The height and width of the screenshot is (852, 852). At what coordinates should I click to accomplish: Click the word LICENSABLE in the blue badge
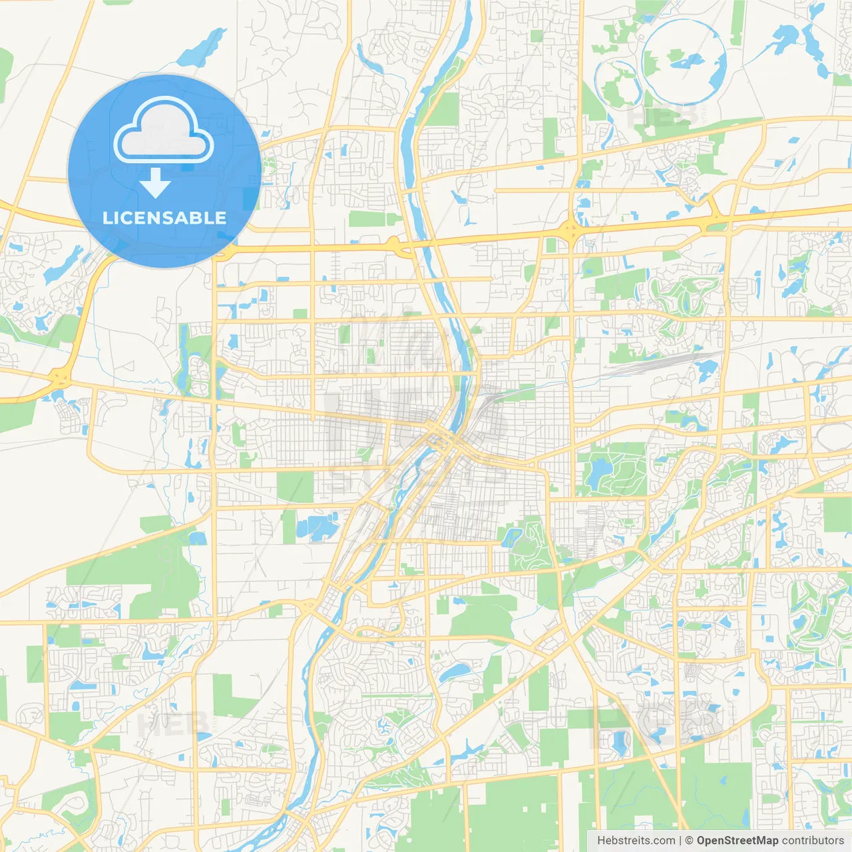click(x=164, y=218)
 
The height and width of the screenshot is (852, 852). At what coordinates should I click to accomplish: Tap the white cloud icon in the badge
click(x=164, y=130)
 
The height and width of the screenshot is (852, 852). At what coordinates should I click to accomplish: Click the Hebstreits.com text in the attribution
click(x=636, y=841)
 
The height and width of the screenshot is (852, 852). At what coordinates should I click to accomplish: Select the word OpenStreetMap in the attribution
click(x=737, y=841)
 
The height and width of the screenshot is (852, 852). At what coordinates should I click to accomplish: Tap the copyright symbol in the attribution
click(x=689, y=841)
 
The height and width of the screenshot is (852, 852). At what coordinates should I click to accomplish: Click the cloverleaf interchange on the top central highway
click(x=571, y=231)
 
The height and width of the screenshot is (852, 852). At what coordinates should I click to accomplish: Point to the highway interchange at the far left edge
click(x=60, y=378)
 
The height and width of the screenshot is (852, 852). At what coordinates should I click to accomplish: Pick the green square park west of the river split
click(x=294, y=486)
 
